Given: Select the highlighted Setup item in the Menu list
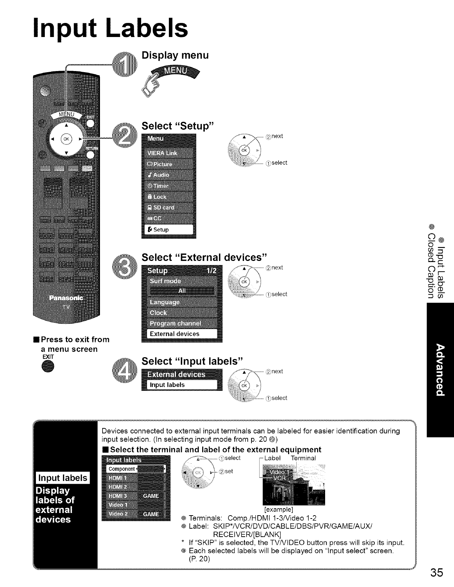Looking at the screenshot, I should pyautogui.click(x=168, y=230).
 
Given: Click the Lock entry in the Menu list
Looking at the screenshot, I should pyautogui.click(x=168, y=197).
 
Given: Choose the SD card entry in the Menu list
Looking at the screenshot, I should pyautogui.click(x=168, y=208).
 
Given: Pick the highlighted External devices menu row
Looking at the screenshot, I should pyautogui.click(x=181, y=334).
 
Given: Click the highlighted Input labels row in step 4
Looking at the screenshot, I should pyautogui.click(x=181, y=385).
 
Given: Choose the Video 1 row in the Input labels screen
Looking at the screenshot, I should pyautogui.click(x=135, y=505).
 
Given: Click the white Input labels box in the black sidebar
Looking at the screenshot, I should pyautogui.click(x=63, y=478).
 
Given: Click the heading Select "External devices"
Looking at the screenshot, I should pyautogui.click(x=204, y=257).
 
